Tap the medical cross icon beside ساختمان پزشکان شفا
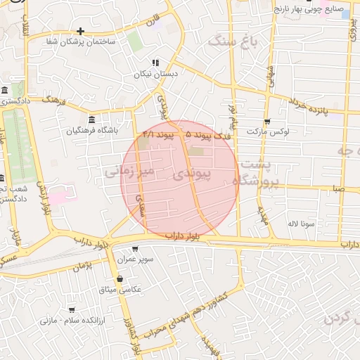point(81,31)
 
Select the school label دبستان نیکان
point(157,73)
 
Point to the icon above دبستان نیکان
point(155,62)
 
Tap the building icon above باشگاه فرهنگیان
point(92,119)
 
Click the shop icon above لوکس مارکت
point(267,120)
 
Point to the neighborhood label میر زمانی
point(127,169)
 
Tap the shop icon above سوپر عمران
point(134,249)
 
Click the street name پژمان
point(82,266)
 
